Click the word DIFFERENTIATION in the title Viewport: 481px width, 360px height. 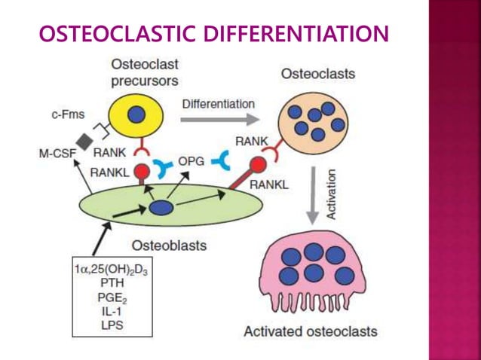pos(301,34)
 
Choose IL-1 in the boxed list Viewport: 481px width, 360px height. pos(111,312)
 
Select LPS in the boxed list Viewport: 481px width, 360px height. pos(111,326)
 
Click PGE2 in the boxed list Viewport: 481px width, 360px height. pos(111,297)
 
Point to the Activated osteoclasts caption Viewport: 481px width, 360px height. pos(310,331)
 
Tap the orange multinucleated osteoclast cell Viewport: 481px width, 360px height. pos(312,121)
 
